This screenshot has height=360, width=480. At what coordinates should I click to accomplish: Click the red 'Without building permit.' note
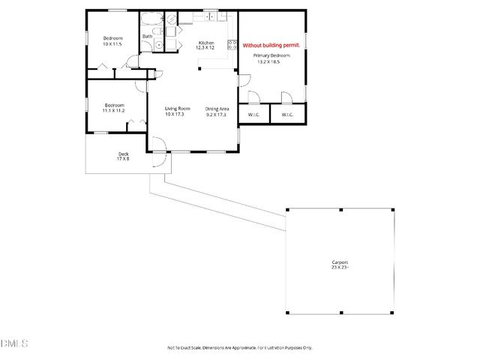(271, 46)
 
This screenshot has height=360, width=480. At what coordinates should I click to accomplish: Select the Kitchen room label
(206, 43)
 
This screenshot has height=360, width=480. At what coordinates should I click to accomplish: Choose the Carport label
(339, 262)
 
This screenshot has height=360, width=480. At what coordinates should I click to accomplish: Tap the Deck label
(123, 154)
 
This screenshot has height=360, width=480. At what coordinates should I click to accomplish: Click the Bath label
(148, 36)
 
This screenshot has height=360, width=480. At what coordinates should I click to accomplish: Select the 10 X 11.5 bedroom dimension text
(112, 43)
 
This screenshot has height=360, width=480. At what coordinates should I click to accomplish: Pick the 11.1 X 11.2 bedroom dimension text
(114, 110)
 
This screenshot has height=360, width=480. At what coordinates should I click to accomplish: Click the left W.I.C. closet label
(253, 114)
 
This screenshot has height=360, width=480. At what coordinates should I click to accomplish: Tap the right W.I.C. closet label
(287, 114)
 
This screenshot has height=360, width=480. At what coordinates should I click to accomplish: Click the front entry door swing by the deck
(158, 159)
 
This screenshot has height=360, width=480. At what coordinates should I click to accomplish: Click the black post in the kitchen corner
(199, 69)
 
